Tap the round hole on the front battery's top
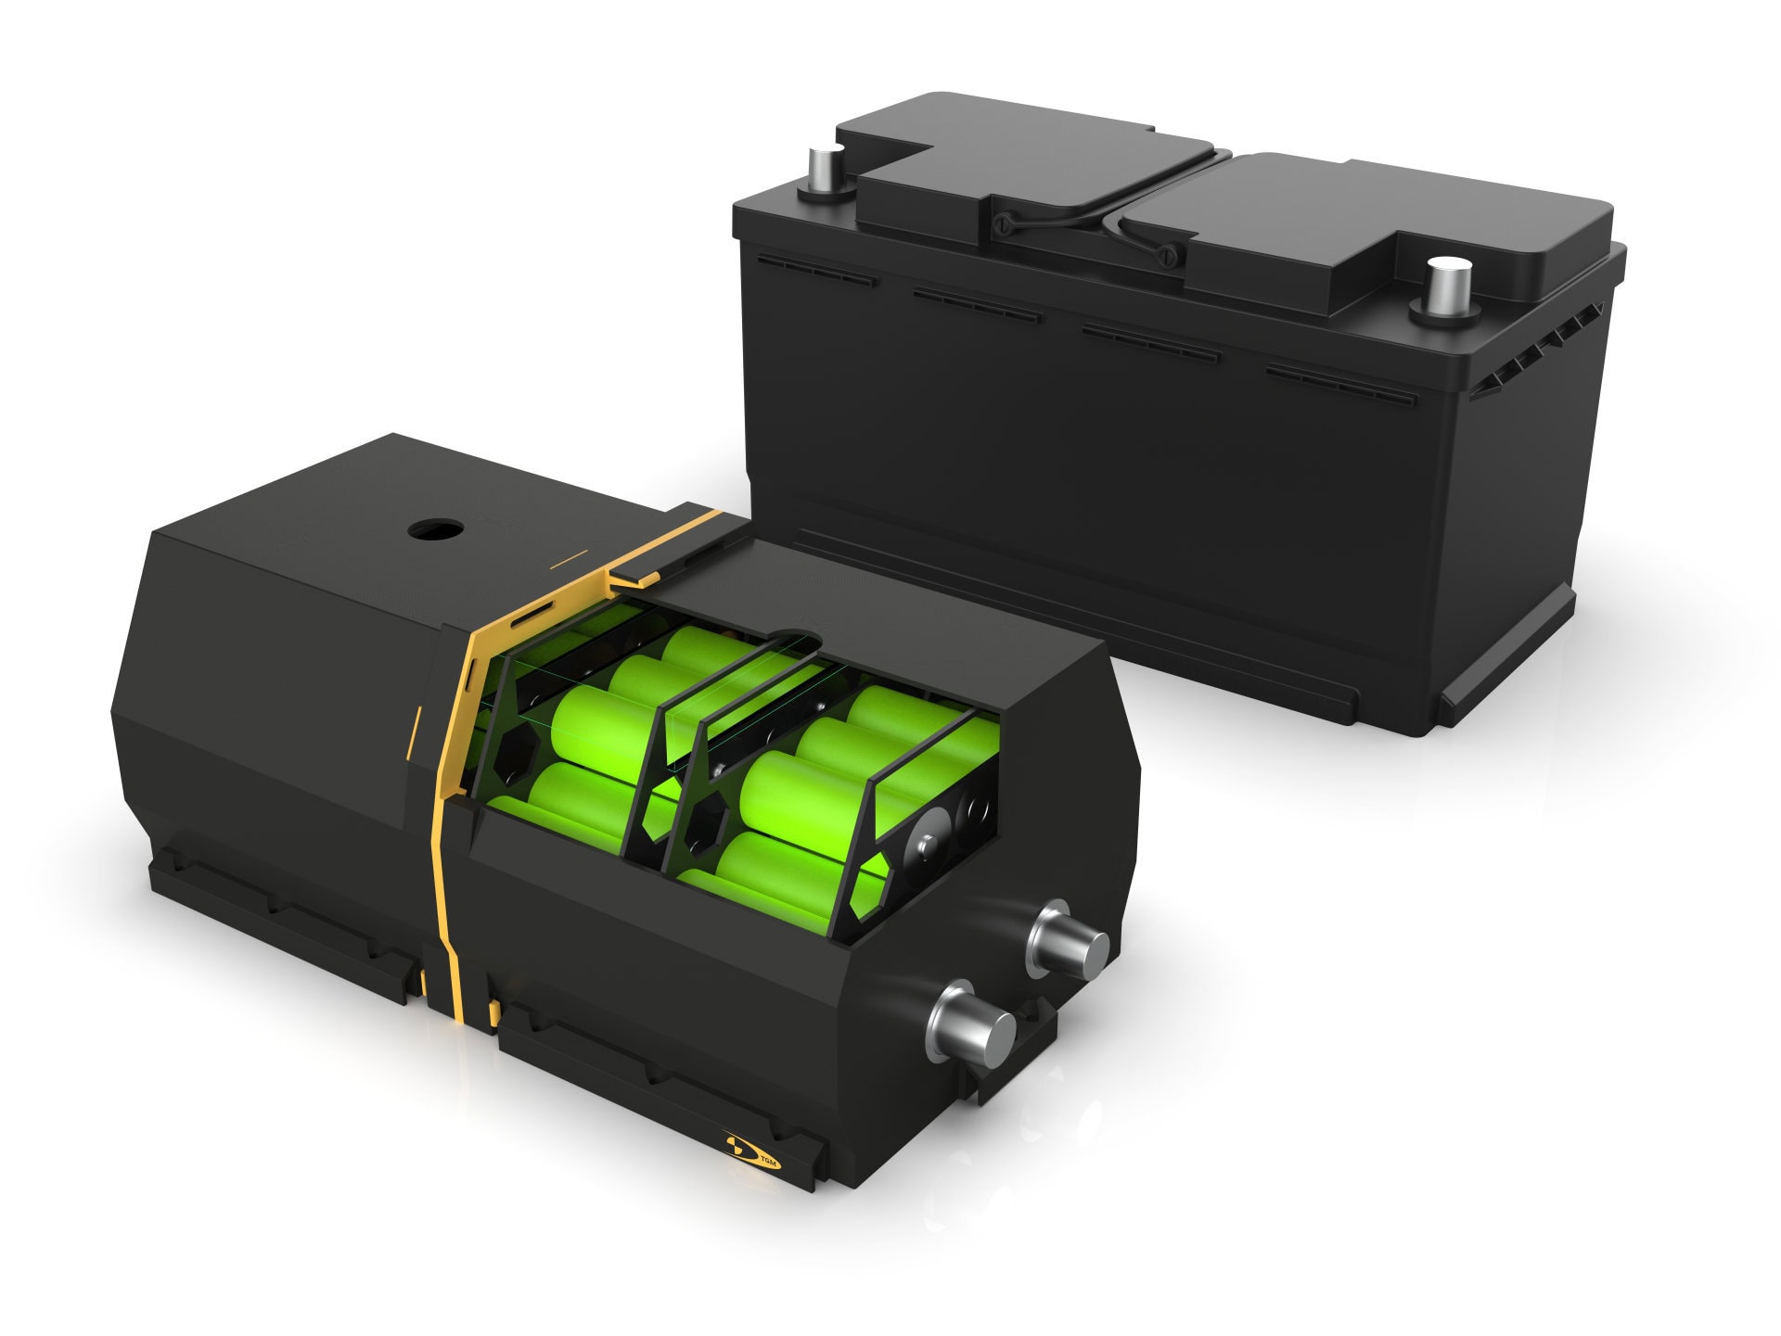tap(435, 531)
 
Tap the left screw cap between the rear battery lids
tap(1005, 223)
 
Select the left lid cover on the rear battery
tap(1030, 167)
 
